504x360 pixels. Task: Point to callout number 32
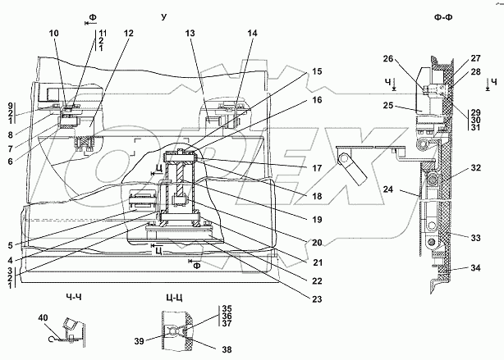[x=474, y=168]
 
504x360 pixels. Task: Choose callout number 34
[x=474, y=267]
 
